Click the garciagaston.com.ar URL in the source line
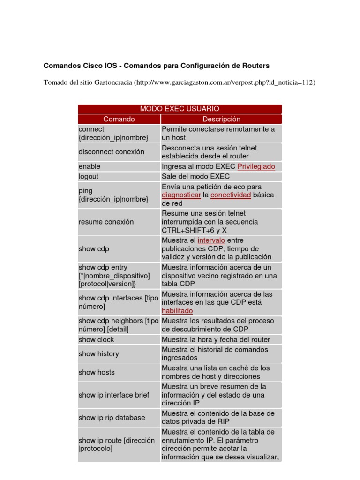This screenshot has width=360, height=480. tap(225, 82)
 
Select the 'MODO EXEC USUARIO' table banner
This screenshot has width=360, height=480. tap(180, 109)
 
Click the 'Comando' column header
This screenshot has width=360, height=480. tap(119, 119)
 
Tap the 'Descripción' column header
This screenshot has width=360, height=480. tap(221, 119)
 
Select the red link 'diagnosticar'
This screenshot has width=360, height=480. tap(181, 195)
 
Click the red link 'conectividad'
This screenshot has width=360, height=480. tap(231, 195)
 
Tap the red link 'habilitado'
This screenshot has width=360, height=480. tap(177, 311)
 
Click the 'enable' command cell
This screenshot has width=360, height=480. tap(90, 166)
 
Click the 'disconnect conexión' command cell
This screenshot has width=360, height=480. tap(112, 152)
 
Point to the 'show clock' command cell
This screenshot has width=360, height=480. tap(96, 339)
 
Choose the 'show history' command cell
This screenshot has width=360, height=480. tap(98, 354)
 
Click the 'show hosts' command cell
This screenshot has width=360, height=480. tap(97, 372)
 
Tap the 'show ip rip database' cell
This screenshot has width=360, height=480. tap(112, 418)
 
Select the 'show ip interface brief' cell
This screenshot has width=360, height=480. tap(113, 395)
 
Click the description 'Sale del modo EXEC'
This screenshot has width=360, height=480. tap(195, 177)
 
